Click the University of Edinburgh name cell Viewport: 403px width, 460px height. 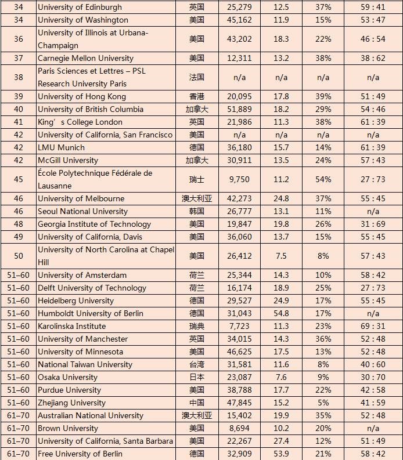click(80, 7)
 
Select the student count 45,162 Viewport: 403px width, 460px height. click(239, 20)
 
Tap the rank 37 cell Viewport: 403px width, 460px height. click(19, 58)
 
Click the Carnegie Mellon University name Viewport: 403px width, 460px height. click(85, 58)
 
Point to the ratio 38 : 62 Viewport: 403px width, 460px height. click(373, 58)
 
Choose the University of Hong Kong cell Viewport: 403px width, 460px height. click(82, 96)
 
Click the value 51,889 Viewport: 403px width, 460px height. click(239, 109)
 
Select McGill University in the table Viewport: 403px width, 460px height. click(68, 160)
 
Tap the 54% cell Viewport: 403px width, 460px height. click(323, 180)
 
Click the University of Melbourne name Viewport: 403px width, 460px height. click(81, 198)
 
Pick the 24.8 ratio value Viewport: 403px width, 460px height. click(281, 198)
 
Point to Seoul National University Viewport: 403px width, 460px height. click(82, 211)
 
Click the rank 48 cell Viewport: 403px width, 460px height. click(19, 224)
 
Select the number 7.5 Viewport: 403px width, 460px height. click(281, 256)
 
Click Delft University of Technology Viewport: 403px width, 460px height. click(92, 288)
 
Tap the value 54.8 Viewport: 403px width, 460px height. click(281, 313)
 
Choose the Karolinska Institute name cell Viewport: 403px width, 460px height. click(72, 326)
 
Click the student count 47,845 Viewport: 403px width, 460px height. click(239, 403)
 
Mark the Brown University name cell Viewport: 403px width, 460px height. click(68, 428)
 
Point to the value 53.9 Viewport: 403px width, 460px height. click(281, 454)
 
